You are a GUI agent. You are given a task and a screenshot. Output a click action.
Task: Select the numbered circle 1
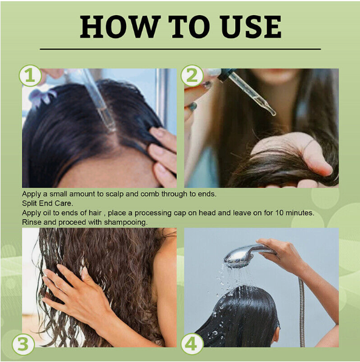[30, 76]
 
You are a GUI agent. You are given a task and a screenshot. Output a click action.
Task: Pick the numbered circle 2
[192, 76]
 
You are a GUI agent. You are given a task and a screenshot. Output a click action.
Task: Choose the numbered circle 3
[23, 344]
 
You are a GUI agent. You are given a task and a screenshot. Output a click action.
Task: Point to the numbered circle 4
[192, 344]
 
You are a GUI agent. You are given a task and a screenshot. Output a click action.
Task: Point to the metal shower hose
[301, 312]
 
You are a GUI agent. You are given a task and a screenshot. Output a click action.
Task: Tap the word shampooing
[125, 223]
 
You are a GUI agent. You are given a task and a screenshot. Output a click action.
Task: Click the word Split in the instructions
[29, 203]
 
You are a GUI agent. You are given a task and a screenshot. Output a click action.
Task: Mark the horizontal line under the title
[180, 49]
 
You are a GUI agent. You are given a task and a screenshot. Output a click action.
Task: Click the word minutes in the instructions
[300, 213]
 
